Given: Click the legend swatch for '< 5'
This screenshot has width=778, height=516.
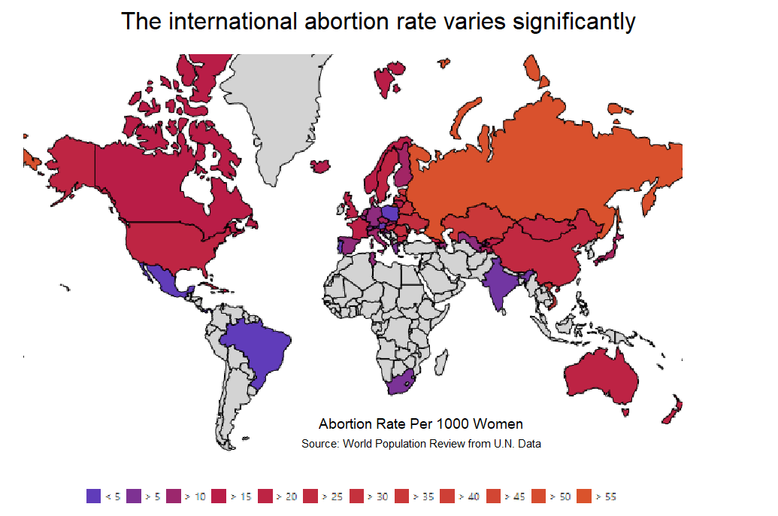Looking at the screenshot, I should [x=94, y=496].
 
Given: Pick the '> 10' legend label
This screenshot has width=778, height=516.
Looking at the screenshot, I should [x=195, y=496].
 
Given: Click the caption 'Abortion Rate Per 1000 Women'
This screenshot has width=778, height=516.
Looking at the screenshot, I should [x=420, y=424].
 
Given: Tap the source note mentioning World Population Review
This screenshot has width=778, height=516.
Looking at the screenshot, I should [x=421, y=444].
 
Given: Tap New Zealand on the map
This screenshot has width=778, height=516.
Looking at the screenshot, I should [x=671, y=410].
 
